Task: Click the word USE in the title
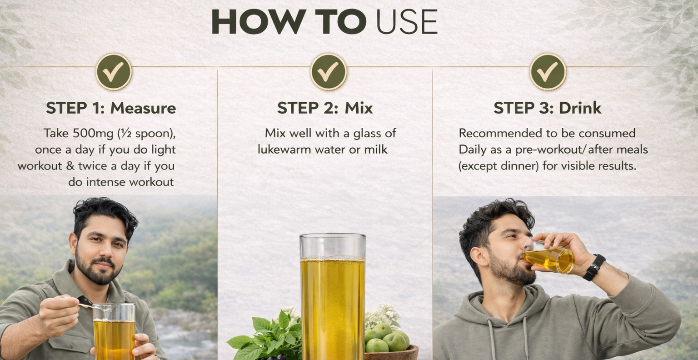click(x=407, y=21)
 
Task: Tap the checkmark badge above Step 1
click(x=114, y=72)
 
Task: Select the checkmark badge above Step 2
click(x=329, y=72)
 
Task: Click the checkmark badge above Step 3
click(x=548, y=72)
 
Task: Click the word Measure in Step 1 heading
click(x=143, y=108)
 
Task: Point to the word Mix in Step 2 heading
click(x=359, y=108)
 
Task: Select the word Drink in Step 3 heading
click(x=580, y=108)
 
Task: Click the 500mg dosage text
click(x=93, y=134)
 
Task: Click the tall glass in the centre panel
click(x=333, y=296)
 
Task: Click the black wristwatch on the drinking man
click(x=594, y=267)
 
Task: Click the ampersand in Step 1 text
click(x=70, y=166)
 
